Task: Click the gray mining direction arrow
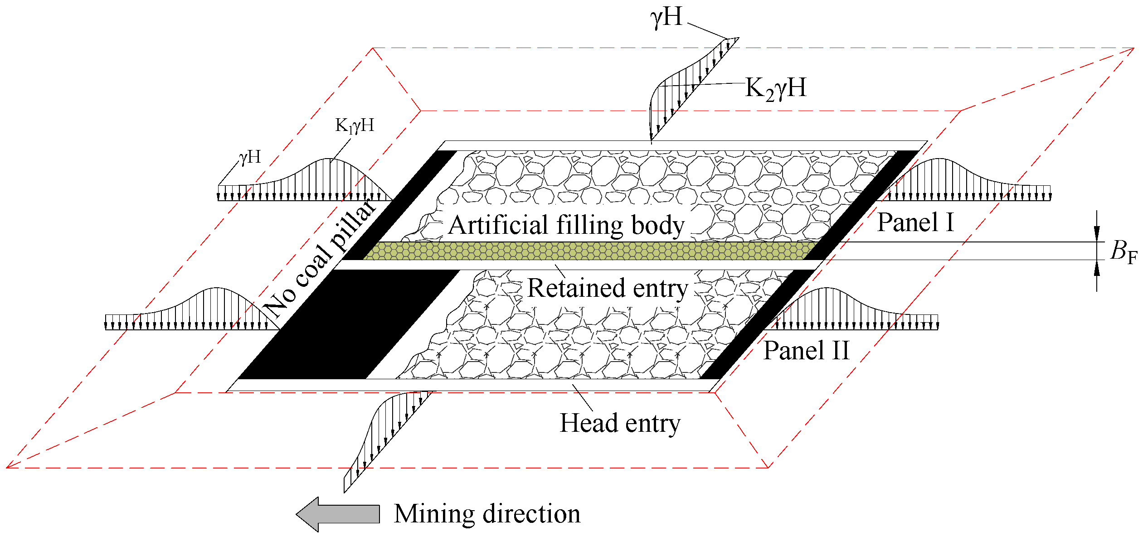click(x=338, y=514)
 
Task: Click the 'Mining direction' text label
click(x=487, y=514)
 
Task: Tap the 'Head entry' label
click(x=620, y=423)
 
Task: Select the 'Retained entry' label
click(x=608, y=288)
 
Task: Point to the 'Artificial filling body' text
click(x=566, y=225)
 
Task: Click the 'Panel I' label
click(x=915, y=222)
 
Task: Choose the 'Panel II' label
click(x=806, y=350)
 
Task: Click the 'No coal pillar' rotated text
click(x=320, y=258)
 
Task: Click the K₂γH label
click(x=776, y=88)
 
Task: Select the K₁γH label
click(x=355, y=126)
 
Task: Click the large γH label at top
click(x=666, y=17)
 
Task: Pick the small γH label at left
click(x=250, y=157)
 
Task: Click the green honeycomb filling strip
click(x=589, y=251)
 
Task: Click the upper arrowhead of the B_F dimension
click(x=1097, y=233)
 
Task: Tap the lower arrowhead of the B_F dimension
click(x=1097, y=269)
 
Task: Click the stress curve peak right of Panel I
click(x=939, y=159)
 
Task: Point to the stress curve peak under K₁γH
click(x=328, y=159)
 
